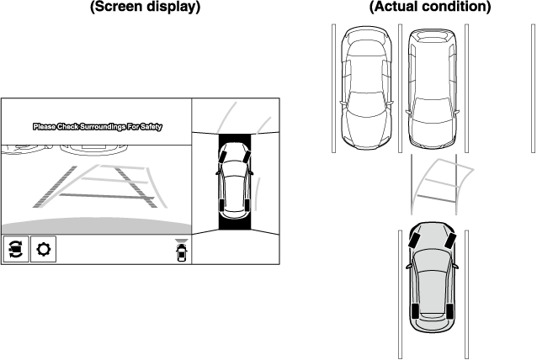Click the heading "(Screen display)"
click(x=144, y=8)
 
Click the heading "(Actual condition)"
click(x=430, y=8)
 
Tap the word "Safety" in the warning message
click(x=149, y=127)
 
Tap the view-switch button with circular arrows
click(x=16, y=250)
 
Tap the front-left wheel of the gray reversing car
click(x=415, y=238)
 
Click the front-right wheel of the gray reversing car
click(x=451, y=238)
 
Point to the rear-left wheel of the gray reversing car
click(x=415, y=312)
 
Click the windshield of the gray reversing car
click(x=433, y=253)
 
